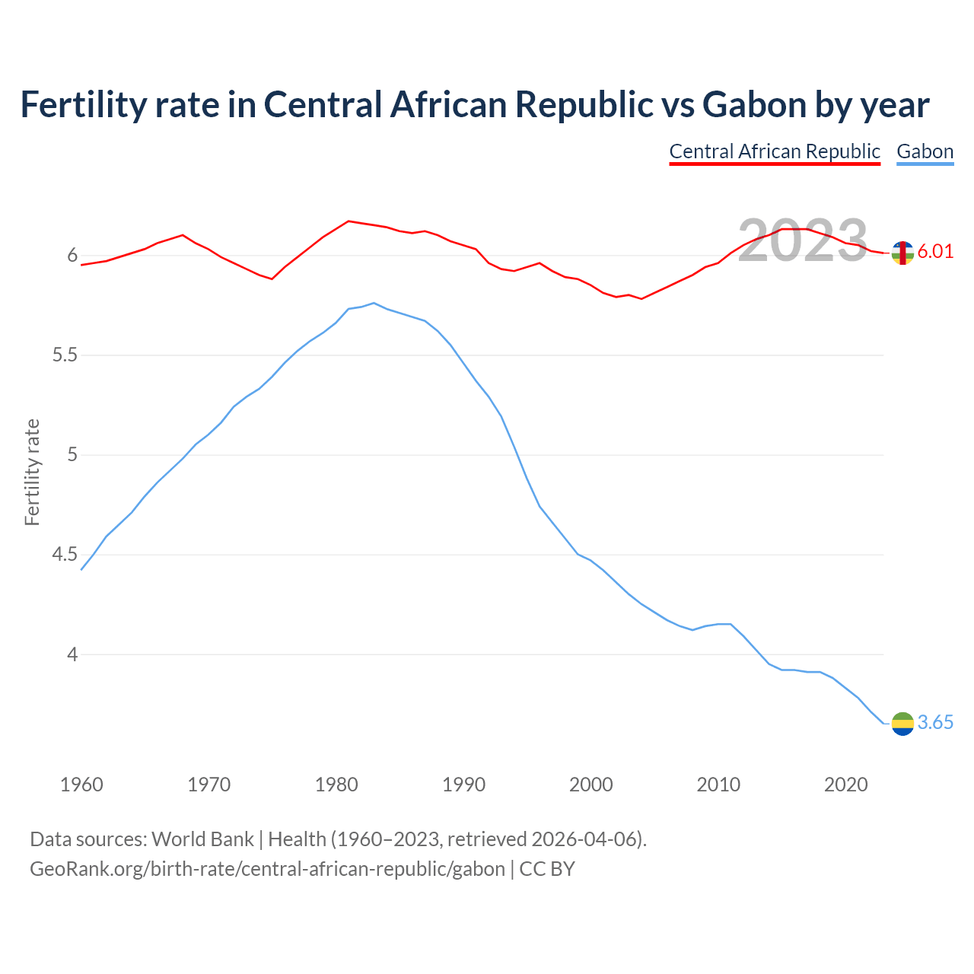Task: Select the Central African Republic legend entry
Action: (775, 151)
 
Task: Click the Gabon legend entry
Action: (925, 151)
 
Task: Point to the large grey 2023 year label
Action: (803, 240)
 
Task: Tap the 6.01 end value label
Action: (935, 252)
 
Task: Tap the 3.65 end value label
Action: (935, 723)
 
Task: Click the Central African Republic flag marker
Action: (902, 253)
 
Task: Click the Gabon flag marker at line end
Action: (902, 724)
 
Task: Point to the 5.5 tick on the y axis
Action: (65, 355)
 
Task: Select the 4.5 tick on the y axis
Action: (65, 555)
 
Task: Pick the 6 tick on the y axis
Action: (73, 256)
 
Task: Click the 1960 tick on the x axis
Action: (81, 785)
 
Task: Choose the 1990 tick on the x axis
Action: (463, 785)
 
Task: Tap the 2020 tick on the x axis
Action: (845, 785)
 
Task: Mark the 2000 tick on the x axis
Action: (590, 785)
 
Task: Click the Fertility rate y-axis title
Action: (32, 472)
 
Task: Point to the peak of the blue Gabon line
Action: (374, 303)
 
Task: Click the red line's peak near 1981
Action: (349, 221)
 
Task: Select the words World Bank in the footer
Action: (202, 839)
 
